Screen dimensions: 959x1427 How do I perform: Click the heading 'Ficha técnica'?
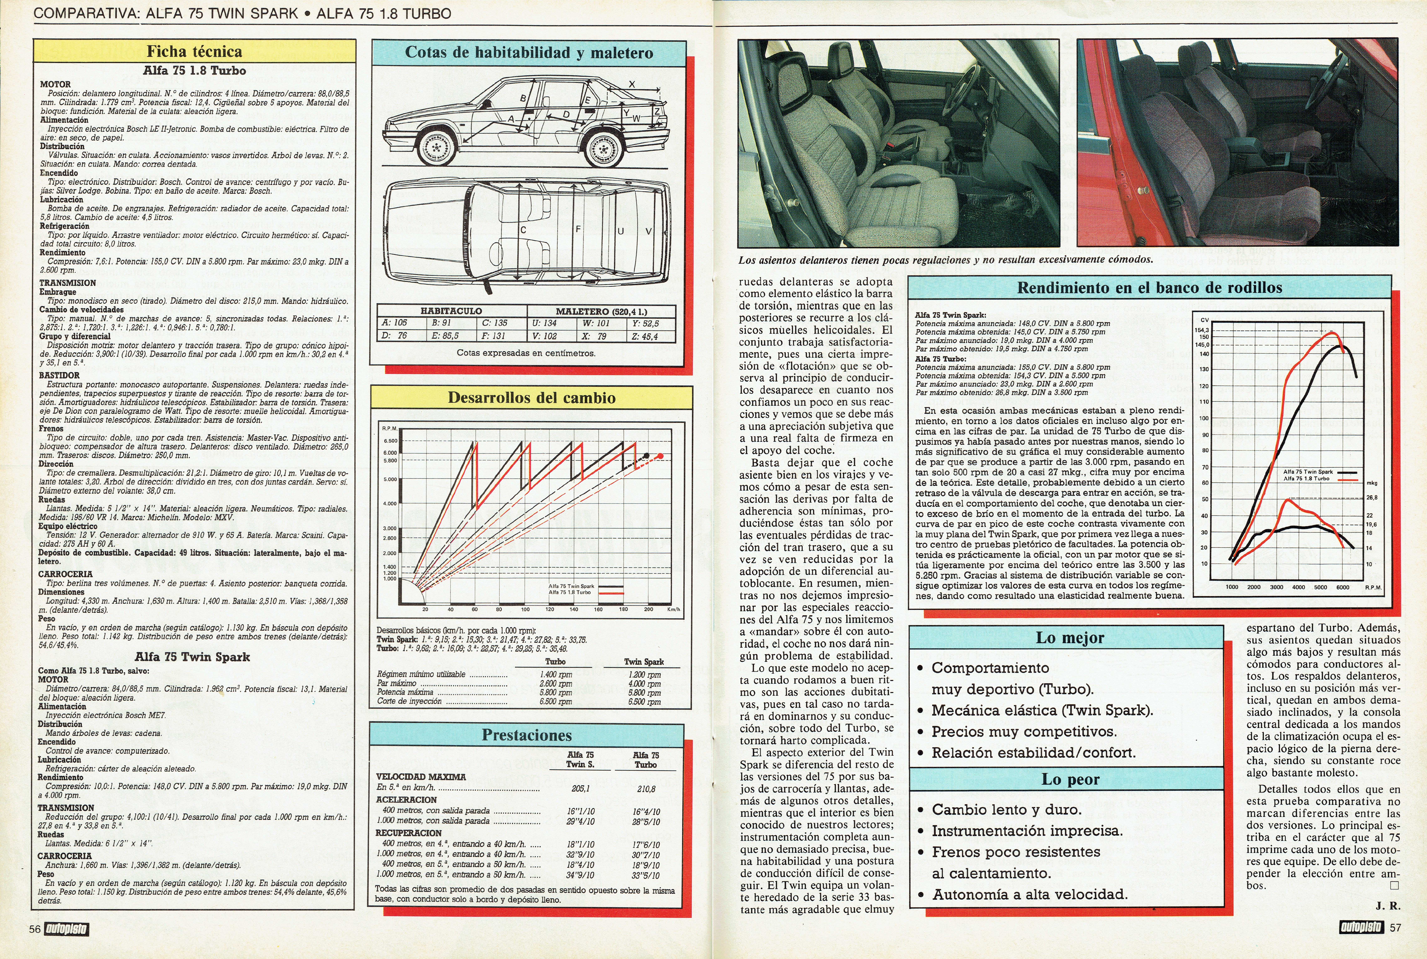pos(194,51)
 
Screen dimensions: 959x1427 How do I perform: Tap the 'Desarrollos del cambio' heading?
pos(531,398)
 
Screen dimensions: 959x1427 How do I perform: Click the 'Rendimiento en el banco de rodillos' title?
pos(1149,287)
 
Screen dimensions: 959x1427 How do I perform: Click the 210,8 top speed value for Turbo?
pos(646,789)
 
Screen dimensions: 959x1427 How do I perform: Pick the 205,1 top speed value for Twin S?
pos(580,789)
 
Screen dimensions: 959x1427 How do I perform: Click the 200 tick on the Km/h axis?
pos(648,609)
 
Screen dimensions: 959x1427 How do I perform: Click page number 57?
pos(1395,928)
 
